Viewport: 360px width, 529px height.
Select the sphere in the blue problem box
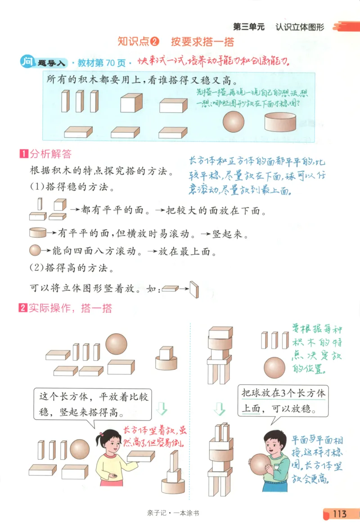point(234,121)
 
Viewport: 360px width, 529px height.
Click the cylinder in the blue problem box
point(280,121)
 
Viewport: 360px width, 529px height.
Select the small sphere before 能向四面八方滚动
point(35,251)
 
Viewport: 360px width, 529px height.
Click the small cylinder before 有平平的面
point(37,233)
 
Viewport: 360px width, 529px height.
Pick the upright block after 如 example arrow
point(194,289)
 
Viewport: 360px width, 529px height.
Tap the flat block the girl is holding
point(140,455)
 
